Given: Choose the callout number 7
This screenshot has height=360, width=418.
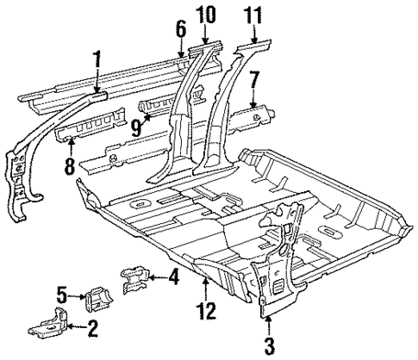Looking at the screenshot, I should point(253,83).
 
